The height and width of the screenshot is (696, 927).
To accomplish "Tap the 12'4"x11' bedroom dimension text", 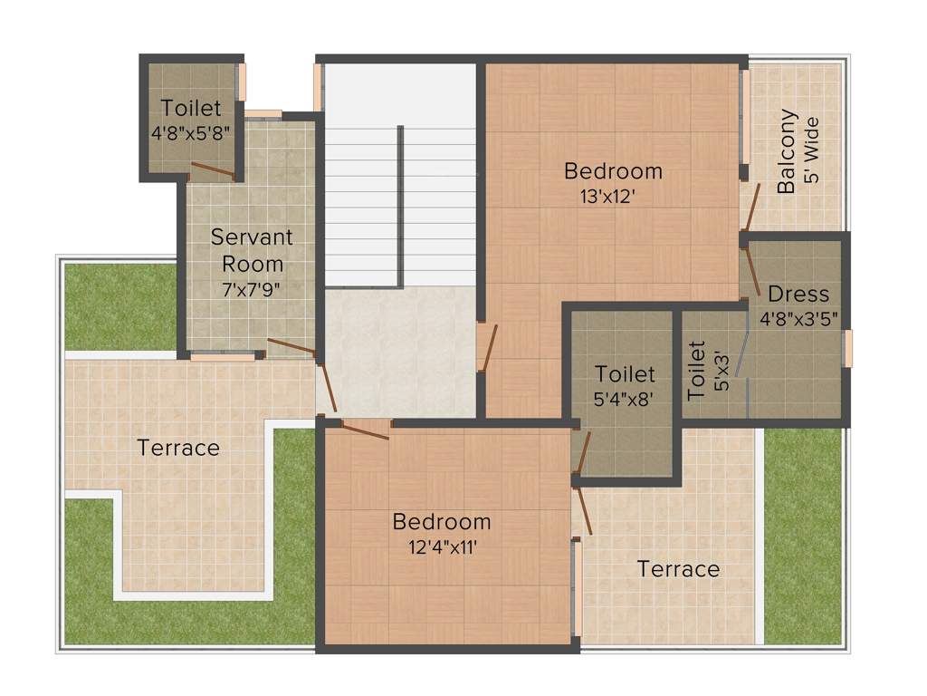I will pos(441,546).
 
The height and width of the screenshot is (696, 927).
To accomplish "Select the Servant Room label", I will pos(252,250).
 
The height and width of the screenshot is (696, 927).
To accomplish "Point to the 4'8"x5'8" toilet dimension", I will pos(191,132).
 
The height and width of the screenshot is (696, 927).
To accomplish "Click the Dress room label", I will pos(798,295).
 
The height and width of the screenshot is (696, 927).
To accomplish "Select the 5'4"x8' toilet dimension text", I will pos(625,396).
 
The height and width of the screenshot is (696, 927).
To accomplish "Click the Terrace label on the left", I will pos(178,447).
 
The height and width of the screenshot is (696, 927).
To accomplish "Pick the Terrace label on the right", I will pos(678,569).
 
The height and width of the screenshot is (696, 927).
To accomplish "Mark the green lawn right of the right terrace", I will pos(802,535).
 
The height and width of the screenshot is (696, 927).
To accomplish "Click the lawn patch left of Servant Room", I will pos(119,305).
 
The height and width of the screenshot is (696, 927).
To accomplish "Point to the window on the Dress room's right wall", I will pos(848,349).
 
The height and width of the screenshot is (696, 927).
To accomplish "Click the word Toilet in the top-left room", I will pos(191,109).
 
